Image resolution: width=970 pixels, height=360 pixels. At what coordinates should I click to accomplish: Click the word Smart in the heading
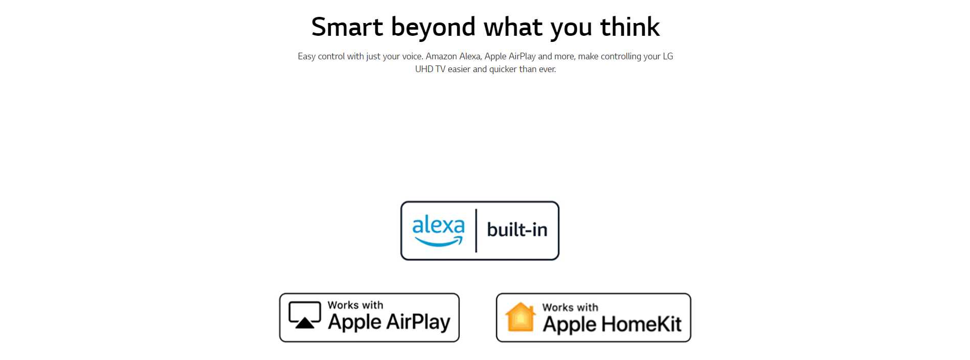point(347,27)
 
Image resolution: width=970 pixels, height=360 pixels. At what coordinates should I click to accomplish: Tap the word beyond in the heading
point(433,28)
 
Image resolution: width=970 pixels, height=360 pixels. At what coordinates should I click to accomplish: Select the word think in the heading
point(630,27)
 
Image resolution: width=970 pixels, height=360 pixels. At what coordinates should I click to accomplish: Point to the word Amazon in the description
point(441,56)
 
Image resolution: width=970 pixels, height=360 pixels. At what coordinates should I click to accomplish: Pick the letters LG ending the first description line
point(668,56)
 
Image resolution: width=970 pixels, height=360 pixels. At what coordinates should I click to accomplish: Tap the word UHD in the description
point(424,69)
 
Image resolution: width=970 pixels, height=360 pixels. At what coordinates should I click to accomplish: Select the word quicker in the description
point(503,70)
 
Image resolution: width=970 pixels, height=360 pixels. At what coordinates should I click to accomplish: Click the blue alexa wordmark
point(438,225)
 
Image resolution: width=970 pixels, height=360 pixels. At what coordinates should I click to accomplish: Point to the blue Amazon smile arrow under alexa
point(438,241)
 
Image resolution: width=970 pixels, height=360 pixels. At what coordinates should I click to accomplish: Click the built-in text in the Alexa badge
point(517,230)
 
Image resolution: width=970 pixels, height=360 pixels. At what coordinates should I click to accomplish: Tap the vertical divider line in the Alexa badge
point(476,231)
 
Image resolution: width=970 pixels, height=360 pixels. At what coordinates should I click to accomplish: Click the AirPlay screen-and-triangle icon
point(305,315)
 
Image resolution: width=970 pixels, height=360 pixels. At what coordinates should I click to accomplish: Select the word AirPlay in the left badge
point(418,323)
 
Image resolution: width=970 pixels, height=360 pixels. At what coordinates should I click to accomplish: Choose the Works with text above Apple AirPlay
point(355,305)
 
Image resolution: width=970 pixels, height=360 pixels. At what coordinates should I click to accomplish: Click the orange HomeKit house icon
point(520,318)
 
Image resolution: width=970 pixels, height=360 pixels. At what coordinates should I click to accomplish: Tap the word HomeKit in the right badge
point(641,324)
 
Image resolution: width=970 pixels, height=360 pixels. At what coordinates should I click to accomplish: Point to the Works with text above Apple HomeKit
point(570,307)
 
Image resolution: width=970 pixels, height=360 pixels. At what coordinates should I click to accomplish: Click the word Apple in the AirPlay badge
point(354,323)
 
